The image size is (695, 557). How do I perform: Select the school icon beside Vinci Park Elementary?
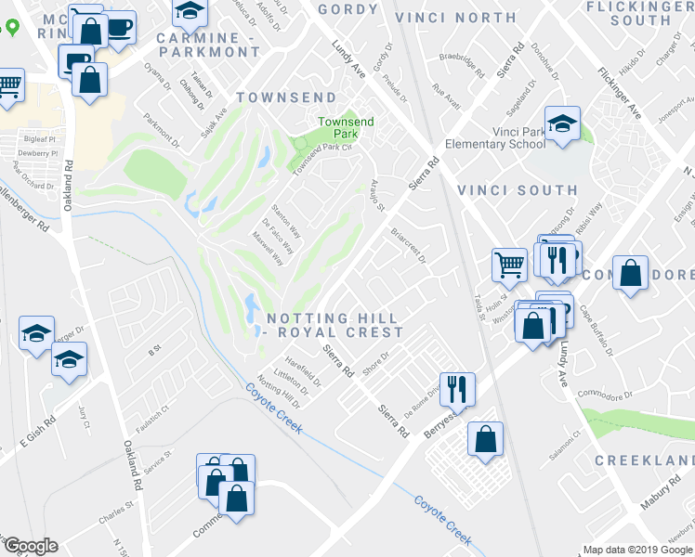click(562, 124)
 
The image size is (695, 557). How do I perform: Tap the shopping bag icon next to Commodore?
click(630, 273)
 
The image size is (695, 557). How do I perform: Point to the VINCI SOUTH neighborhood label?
click(518, 190)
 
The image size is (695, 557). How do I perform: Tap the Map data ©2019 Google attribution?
click(637, 550)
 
